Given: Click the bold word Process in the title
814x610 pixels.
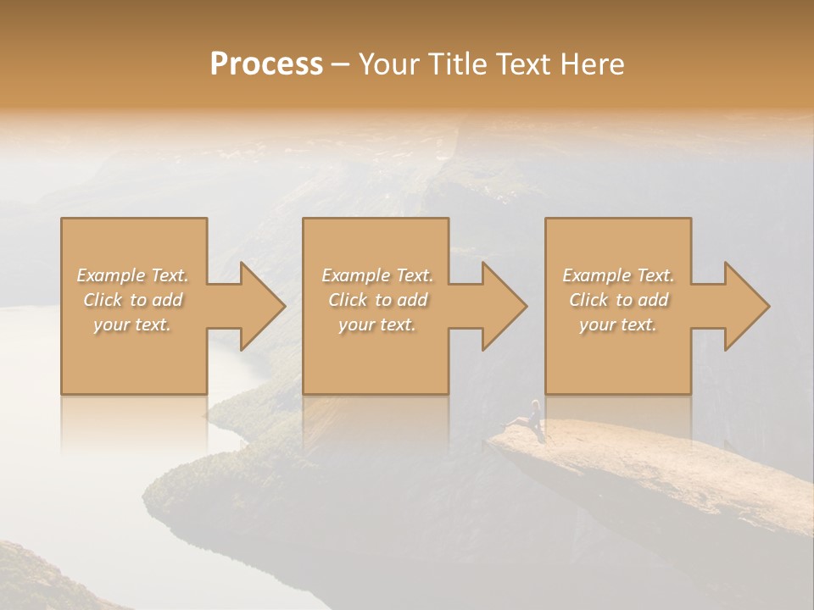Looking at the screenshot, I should pyautogui.click(x=266, y=64).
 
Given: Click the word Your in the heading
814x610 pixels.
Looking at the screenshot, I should pyautogui.click(x=387, y=64).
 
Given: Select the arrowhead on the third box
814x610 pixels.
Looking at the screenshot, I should pyautogui.click(x=737, y=306).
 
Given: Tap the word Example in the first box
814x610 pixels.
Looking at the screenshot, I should pyautogui.click(x=110, y=275).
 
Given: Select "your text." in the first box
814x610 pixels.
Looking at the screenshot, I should pyautogui.click(x=132, y=324).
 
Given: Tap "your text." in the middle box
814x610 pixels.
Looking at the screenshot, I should pyautogui.click(x=377, y=324).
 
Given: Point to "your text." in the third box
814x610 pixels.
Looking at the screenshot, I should pyautogui.click(x=618, y=324).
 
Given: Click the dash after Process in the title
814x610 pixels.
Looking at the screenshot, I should pyautogui.click(x=340, y=64).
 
